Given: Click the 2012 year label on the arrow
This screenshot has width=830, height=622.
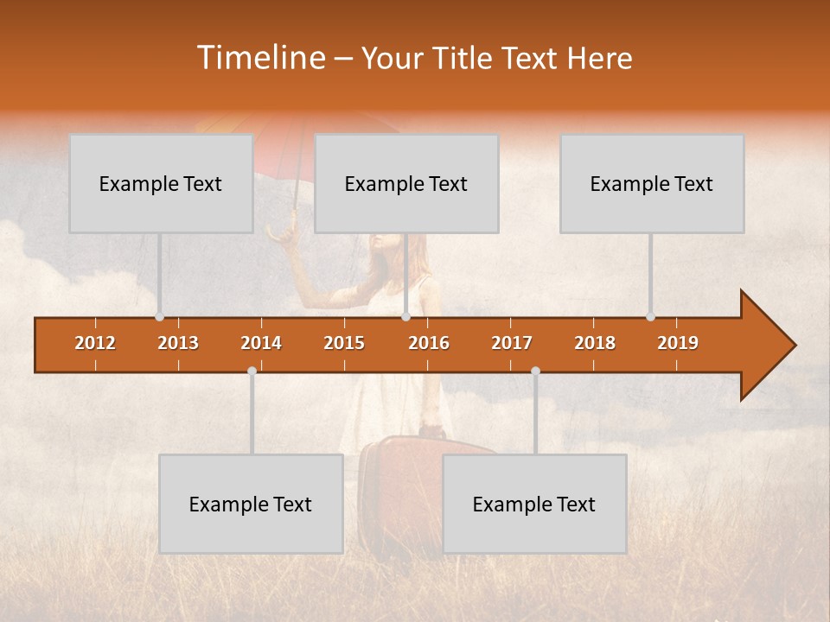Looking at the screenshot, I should tap(95, 343).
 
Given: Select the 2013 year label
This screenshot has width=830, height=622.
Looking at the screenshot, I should tap(178, 343).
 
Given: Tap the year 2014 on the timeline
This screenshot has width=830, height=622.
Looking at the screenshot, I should tap(261, 343).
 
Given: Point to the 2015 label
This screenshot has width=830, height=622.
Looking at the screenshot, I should tap(344, 343).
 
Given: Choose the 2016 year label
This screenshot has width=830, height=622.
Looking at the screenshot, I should tap(429, 343).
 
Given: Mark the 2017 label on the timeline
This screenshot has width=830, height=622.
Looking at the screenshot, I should tap(512, 343).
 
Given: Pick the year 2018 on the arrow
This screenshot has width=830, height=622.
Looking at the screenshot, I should tap(595, 343).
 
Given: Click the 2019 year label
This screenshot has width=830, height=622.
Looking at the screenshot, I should tap(678, 343).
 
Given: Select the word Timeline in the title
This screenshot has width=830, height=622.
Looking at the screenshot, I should tap(260, 58).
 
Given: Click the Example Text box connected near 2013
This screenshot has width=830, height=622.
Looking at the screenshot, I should tap(161, 183).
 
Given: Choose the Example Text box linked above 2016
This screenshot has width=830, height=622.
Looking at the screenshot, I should tap(406, 183).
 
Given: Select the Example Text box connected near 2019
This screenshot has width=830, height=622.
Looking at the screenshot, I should tap(652, 183).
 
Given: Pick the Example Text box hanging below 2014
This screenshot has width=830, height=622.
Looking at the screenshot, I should tap(251, 504).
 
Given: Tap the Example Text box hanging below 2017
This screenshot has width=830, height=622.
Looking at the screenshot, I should tap(534, 504).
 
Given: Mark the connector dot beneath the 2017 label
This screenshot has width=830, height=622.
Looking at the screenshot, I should tap(535, 371).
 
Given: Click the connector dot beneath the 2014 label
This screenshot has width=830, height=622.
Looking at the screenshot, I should tap(252, 371).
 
